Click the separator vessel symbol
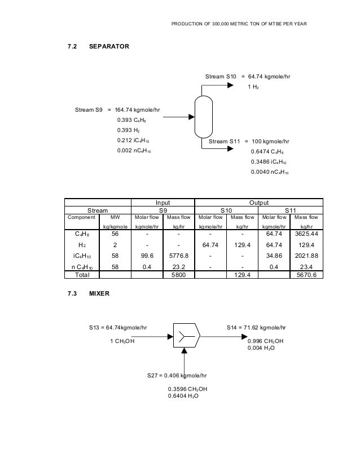pos(202,116)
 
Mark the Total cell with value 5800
pos(179,275)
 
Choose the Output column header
pos(258,202)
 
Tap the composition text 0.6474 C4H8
pos(267,152)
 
